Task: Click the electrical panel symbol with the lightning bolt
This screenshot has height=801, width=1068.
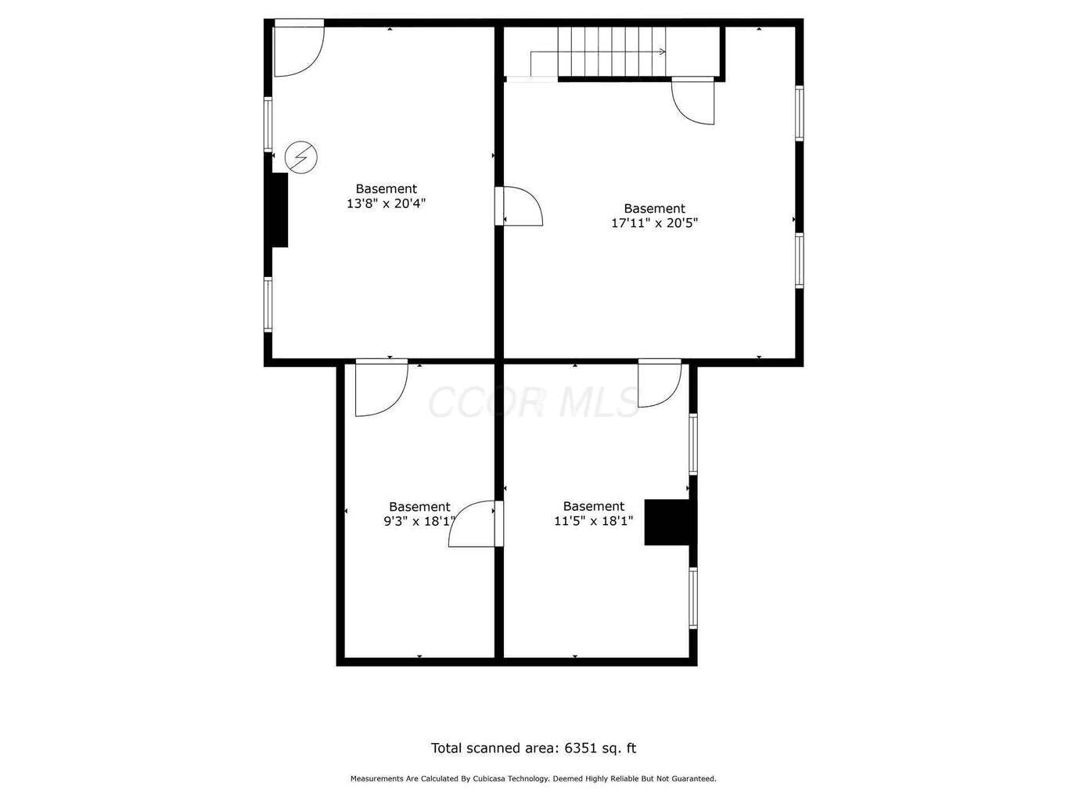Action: coord(300,157)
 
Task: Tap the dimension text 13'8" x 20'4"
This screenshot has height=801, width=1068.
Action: coord(386,203)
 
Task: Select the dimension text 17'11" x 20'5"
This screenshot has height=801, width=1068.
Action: coord(654,223)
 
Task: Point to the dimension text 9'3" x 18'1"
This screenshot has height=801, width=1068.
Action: coord(419,522)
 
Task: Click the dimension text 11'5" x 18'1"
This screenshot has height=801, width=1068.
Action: coord(594,521)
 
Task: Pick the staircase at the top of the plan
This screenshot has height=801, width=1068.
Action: coord(611,52)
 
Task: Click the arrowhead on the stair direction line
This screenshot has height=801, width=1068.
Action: coord(662,52)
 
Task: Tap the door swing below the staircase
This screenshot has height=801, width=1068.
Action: coord(693,101)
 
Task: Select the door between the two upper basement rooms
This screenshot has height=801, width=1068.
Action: coord(519,207)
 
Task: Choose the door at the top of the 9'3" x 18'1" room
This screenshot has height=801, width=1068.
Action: coord(382,388)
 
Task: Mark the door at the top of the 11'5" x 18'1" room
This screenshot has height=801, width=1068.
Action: coord(660,383)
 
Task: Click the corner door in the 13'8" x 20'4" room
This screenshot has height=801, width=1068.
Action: coord(299,48)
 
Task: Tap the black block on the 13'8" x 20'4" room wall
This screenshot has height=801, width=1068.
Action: coord(279,210)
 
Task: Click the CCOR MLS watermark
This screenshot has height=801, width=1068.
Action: coord(534,402)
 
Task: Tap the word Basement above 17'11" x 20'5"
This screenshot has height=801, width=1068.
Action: coord(654,209)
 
